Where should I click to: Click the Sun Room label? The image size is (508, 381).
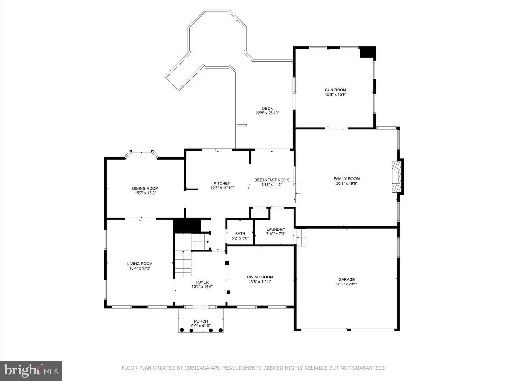pyautogui.click(x=335, y=90)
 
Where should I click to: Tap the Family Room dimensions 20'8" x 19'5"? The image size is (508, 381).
pyautogui.click(x=346, y=183)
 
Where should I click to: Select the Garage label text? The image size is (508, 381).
pyautogui.click(x=346, y=280)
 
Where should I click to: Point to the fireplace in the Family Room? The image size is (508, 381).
pyautogui.click(x=397, y=177)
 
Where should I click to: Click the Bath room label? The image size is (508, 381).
pyautogui.click(x=240, y=234)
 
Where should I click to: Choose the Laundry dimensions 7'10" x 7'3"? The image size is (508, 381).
pyautogui.click(x=276, y=234)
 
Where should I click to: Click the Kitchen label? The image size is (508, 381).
pyautogui.click(x=222, y=183)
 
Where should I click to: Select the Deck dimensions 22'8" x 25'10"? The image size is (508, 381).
pyautogui.click(x=267, y=113)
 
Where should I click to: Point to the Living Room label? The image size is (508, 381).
pyautogui.click(x=140, y=264)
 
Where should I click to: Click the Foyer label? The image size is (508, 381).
pyautogui.click(x=202, y=282)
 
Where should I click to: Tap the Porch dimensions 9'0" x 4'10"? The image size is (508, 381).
pyautogui.click(x=201, y=326)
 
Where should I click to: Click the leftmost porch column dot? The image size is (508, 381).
pyautogui.click(x=182, y=331)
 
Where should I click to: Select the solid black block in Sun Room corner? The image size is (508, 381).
pyautogui.click(x=367, y=52)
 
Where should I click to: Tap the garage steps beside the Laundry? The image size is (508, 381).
pyautogui.click(x=301, y=237)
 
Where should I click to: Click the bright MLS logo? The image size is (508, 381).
pyautogui.click(x=31, y=371)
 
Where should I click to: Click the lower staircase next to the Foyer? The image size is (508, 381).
pyautogui.click(x=184, y=264)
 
